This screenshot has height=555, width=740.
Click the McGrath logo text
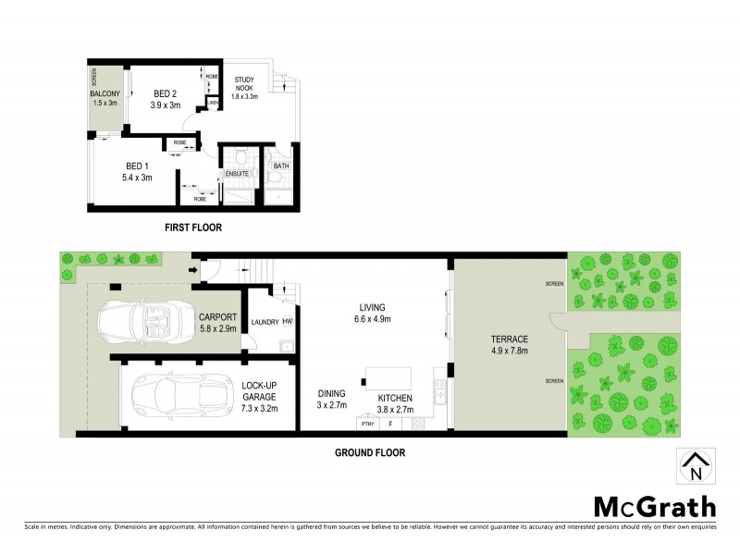[x=653, y=506]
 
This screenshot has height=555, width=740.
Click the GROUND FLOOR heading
[x=369, y=453]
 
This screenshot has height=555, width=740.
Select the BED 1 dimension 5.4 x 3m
[x=139, y=178]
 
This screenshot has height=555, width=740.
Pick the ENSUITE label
[x=238, y=173]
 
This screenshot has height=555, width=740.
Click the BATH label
[x=281, y=166]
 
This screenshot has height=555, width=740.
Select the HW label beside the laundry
[x=288, y=321]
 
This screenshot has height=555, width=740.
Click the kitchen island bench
[x=388, y=376]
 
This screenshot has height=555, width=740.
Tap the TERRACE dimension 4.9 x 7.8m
[x=510, y=351]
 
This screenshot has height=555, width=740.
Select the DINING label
[x=331, y=392]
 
